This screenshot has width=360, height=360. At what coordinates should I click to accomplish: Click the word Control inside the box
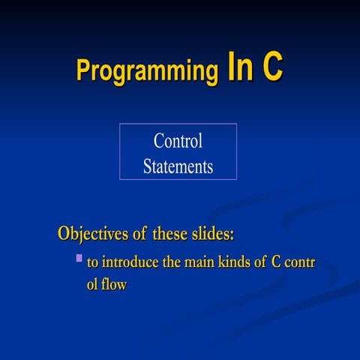point(178,140)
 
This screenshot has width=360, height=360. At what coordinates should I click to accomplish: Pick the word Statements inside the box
point(178,166)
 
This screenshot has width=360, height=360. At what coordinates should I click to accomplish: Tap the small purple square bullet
point(78,259)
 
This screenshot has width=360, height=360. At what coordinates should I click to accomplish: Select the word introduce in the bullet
point(128,263)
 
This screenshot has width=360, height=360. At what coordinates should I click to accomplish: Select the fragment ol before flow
point(93,285)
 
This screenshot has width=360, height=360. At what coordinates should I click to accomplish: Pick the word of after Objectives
point(139,233)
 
